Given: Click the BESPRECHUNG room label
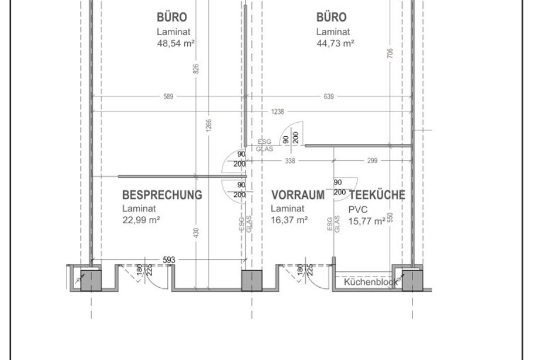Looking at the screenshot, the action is tap(162, 195).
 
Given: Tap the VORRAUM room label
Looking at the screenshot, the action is tap(298, 195).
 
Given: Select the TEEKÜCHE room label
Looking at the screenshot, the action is tap(377, 195).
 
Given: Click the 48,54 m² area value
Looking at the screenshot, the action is tap(176, 43).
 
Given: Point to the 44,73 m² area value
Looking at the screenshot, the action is tap(335, 43).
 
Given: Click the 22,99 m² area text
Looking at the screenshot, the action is tap(141, 220).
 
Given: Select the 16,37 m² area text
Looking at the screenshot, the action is tap(289, 220).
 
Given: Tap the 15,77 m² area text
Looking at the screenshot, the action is tap(367, 221).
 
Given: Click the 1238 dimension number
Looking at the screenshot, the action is tap(278, 112).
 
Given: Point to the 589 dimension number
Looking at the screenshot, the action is tap(168, 96).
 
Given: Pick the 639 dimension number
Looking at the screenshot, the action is tap(329, 96).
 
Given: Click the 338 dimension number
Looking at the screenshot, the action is tap(291, 161).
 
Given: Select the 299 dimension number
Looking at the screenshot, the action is tap(372, 161).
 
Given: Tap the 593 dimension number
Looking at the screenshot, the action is tap(169, 260).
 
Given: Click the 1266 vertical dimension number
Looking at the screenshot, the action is tap(209, 126).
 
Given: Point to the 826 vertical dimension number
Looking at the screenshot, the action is tap(196, 69).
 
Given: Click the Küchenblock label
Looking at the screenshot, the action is tap(370, 282).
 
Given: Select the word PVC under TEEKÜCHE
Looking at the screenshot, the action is tap(358, 210).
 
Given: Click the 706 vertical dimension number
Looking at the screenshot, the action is tap(390, 53).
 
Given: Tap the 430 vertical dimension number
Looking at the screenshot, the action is tap(196, 233).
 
